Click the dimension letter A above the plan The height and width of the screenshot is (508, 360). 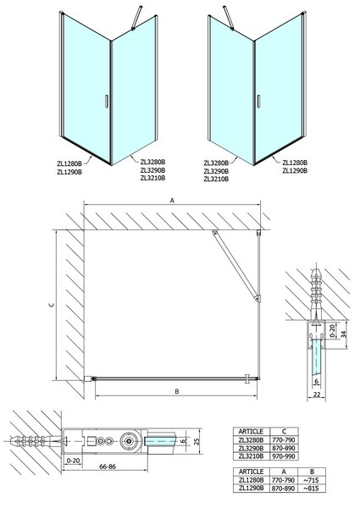(173, 201)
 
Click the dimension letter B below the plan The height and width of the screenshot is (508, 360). (177, 392)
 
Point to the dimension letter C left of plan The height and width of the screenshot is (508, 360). (52, 305)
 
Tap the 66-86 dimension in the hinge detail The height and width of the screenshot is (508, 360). (108, 467)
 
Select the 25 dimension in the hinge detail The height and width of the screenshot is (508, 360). (196, 441)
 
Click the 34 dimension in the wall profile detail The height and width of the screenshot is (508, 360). (344, 334)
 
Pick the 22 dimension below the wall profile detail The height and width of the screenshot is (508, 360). (317, 394)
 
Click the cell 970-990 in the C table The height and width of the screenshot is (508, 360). (284, 456)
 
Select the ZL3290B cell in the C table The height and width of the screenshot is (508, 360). (251, 448)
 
